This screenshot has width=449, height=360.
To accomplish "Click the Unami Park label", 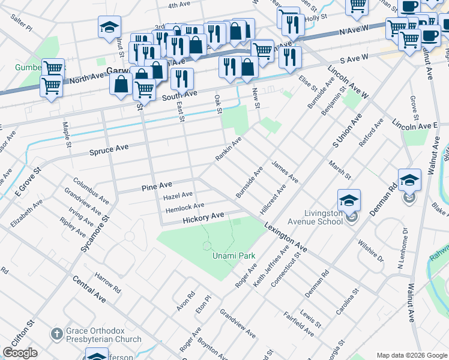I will tap(234, 256).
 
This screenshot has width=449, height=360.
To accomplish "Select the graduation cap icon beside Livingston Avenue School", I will tap(349, 200).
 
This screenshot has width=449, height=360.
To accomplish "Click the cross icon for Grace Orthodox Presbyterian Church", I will tap(56, 334).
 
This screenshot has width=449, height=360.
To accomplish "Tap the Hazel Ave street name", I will tap(178, 195).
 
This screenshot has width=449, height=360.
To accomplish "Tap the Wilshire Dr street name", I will tap(370, 250).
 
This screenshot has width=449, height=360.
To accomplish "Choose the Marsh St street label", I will tap(339, 169).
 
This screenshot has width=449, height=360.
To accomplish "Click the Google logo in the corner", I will tap(20, 353).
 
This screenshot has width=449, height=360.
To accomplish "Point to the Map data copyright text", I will tap(411, 355).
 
